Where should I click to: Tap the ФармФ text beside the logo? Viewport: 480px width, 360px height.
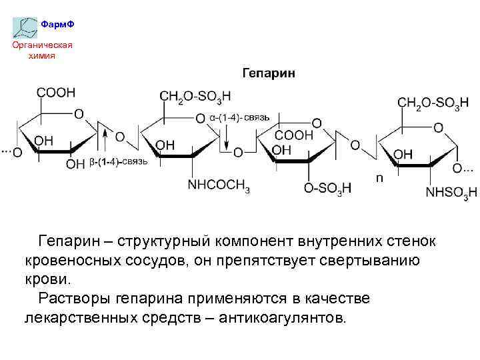(57, 25)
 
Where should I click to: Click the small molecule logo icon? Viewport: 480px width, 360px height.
(26, 27)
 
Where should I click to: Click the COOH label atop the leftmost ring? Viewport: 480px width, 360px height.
(56, 93)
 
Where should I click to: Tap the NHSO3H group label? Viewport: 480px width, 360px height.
(451, 193)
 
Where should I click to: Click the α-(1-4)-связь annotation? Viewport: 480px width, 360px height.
(239, 117)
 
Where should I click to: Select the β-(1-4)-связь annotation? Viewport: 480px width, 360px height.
(118, 162)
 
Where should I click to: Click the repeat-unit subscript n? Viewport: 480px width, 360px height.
(379, 178)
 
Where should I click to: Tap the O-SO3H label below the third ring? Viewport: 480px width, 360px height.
(327, 189)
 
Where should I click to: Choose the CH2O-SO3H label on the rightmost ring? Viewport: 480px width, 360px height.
(433, 103)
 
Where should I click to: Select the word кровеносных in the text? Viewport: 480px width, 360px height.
(71, 259)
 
